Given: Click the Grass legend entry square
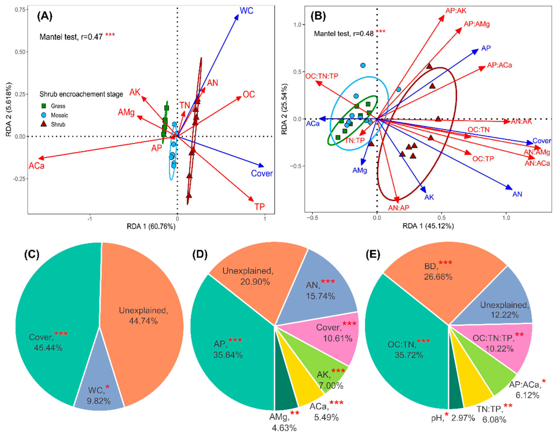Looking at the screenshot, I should coord(44,106).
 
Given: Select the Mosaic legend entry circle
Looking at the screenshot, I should coord(44,115).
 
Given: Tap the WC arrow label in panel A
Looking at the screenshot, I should coord(246,11).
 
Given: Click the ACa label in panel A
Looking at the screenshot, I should coord(36,166).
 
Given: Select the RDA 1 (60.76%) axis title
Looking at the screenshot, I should coord(151,226).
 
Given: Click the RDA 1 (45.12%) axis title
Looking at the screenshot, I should coord(428,226).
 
